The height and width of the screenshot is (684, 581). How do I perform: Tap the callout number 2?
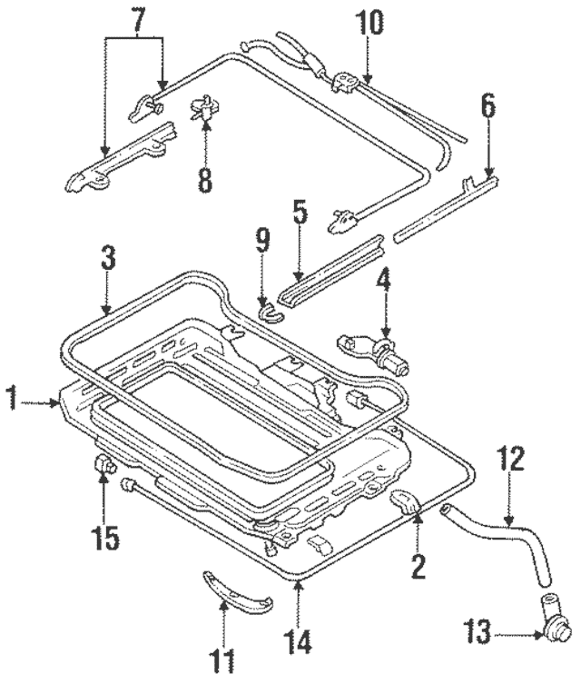418,566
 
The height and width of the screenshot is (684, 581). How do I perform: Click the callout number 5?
300,217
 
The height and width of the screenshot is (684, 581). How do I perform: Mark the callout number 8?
205,178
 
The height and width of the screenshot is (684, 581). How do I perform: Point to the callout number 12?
511,460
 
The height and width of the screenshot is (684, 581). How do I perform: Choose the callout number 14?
300,642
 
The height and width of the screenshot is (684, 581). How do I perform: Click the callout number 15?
105,538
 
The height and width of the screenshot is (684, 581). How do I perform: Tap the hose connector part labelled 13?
553,623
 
